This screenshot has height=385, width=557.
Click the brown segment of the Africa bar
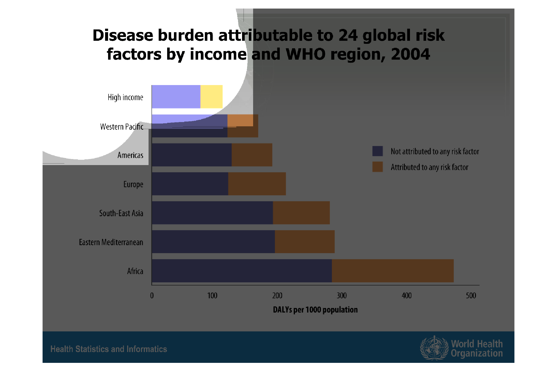click(x=393, y=271)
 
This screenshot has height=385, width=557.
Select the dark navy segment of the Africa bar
click(x=242, y=271)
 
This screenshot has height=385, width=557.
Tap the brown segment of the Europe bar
click(x=257, y=184)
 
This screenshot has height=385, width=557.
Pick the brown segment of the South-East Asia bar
click(x=301, y=213)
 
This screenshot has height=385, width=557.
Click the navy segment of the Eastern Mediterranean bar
click(x=213, y=242)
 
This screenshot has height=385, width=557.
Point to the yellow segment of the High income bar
click(x=211, y=97)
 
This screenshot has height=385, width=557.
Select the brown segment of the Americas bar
click(x=252, y=155)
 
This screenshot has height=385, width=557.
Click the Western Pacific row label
click(x=122, y=127)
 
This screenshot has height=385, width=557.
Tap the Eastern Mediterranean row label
click(x=111, y=242)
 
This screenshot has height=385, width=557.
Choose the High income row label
click(x=125, y=97)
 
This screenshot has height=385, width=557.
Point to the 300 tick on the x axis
click(x=342, y=295)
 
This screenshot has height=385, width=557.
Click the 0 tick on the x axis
click(x=152, y=295)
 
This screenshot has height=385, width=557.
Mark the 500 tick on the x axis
click(x=471, y=295)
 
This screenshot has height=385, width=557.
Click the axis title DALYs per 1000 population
click(x=315, y=310)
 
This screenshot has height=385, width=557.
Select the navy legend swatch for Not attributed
click(x=378, y=151)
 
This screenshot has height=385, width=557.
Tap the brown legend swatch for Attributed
click(x=378, y=167)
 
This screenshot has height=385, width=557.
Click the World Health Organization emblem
click(x=434, y=348)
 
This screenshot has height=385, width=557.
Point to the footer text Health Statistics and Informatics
click(x=109, y=349)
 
